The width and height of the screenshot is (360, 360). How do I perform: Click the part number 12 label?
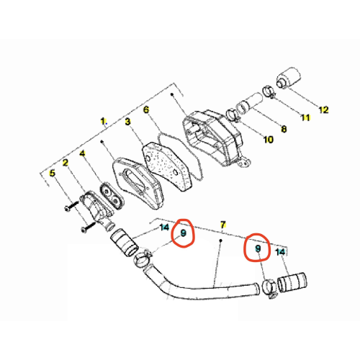coord(323,109)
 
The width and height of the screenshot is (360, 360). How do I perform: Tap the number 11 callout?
coord(305,117)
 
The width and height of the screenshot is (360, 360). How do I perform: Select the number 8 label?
coord(284,129)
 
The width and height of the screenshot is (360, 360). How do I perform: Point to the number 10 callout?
coord(269,140)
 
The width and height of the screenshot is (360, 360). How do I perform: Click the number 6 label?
coord(146,109)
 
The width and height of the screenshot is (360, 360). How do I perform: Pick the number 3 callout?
coord(127,122)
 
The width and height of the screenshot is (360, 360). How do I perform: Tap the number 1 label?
coord(103,121)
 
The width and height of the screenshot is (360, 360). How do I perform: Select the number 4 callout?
coord(82,153)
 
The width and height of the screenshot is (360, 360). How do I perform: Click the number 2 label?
coord(66,163)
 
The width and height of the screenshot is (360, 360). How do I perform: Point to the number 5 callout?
coord(52,173)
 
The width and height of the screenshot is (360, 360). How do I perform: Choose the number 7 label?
coord(223,225)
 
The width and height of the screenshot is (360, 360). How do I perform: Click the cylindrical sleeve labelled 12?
coord(289,78)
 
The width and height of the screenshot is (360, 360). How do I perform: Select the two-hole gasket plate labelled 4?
coord(112,196)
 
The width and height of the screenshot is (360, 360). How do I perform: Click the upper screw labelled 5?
coord(71,206)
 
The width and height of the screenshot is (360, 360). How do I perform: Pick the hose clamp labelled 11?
coord(270,92)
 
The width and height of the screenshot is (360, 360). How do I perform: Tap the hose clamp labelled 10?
coord(233,114)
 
